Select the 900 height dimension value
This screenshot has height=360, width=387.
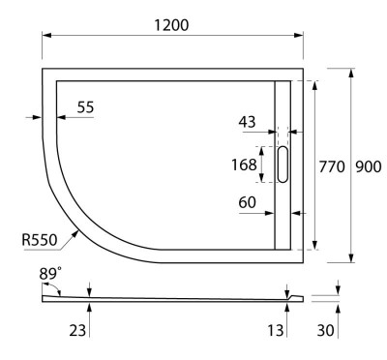(367, 165)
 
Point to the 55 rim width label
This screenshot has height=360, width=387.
(86, 108)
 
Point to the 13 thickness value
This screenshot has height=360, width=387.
(276, 331)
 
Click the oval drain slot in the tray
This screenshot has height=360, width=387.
(283, 164)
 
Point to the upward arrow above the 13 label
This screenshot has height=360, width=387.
(287, 306)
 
